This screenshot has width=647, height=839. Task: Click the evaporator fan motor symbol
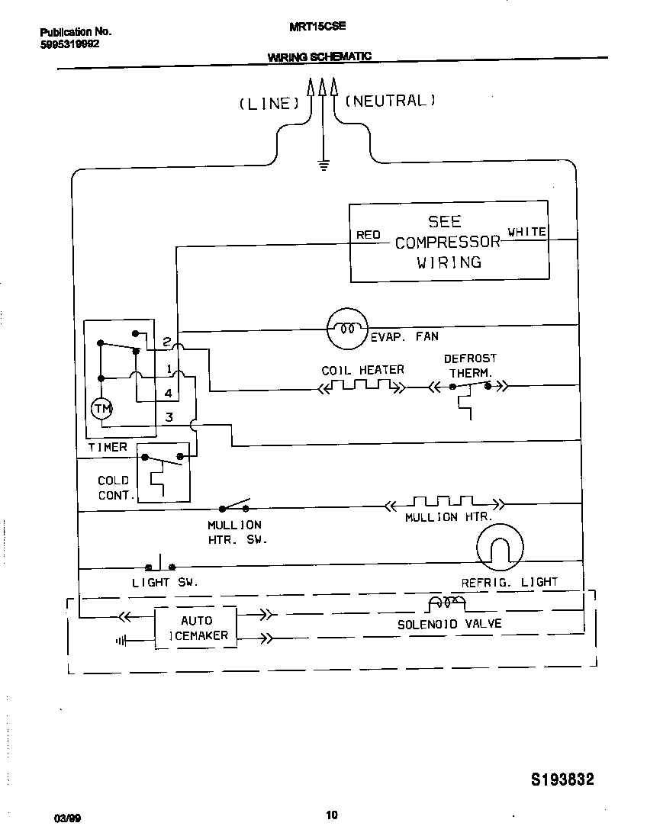click(348, 329)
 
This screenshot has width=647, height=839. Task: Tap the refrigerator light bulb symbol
click(501, 548)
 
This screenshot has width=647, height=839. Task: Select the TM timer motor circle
click(101, 409)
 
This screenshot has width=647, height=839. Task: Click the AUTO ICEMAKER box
click(196, 628)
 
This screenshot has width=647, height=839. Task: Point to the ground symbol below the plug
click(323, 163)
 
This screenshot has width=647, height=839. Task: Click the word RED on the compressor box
click(368, 235)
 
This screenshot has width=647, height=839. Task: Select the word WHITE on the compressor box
click(527, 232)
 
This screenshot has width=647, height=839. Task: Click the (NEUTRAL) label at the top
click(391, 101)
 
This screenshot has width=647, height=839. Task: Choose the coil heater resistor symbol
click(361, 387)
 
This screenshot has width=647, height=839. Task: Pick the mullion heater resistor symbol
click(443, 503)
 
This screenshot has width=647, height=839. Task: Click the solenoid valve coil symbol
click(446, 604)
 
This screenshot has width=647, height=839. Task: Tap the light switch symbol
click(160, 564)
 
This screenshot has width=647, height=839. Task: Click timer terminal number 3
click(169, 417)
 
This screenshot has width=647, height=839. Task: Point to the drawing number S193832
click(562, 780)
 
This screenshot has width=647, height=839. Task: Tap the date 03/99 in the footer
click(67, 818)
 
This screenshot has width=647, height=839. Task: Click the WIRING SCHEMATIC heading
click(319, 56)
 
